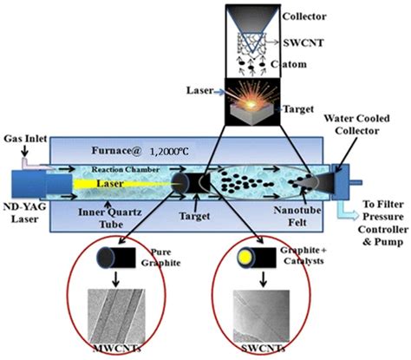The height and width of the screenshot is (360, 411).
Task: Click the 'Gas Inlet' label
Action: tap(25, 139)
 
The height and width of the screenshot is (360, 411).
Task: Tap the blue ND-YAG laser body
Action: tap(42, 184)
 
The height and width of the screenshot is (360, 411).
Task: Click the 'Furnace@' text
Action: tap(116, 151)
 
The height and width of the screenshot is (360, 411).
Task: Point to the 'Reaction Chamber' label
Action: tap(126, 169)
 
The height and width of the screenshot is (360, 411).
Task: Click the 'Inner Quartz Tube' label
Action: tap(110, 218)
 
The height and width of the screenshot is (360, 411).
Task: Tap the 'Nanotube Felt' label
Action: tap(297, 216)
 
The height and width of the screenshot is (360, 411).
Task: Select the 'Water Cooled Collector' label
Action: tap(356, 125)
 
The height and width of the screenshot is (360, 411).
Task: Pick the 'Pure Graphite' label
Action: tap(161, 258)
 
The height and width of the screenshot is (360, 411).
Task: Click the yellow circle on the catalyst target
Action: tap(245, 256)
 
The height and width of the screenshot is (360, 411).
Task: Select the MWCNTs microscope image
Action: tap(116, 317)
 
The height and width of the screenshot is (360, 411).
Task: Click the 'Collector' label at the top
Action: tap(304, 16)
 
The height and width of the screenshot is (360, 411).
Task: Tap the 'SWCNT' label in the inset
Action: tap(303, 43)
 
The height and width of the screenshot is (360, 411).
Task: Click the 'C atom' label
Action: tap(289, 64)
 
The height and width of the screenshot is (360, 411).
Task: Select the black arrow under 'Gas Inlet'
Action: tap(25, 150)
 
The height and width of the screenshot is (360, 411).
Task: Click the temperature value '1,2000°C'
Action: tap(169, 151)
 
